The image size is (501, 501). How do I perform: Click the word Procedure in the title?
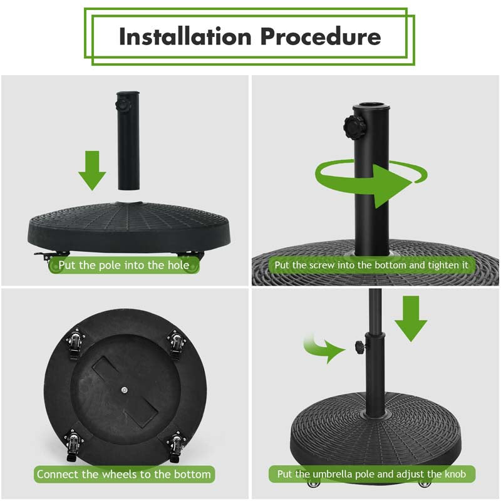(x=320, y=36)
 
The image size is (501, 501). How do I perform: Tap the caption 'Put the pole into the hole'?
(x=124, y=265)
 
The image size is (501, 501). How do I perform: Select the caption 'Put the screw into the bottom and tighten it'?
(x=371, y=265)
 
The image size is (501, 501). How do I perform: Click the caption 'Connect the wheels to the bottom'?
(x=124, y=474)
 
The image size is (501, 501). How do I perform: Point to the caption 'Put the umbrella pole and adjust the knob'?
(x=371, y=474)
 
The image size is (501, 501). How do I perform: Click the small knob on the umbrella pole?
(x=359, y=346)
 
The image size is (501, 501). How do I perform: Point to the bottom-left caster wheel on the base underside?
(x=75, y=443)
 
